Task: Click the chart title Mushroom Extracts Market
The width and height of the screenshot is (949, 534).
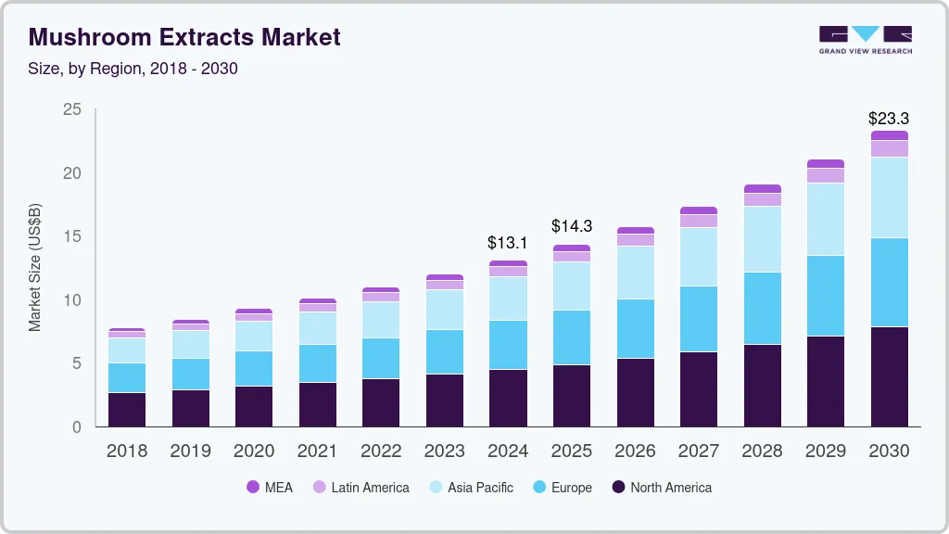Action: click(x=184, y=37)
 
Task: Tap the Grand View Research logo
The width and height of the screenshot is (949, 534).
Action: click(x=866, y=39)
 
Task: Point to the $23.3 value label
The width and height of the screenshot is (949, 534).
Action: click(x=888, y=119)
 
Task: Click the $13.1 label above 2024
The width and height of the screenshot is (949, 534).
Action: click(x=508, y=243)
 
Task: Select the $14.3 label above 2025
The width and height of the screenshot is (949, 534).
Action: click(x=571, y=225)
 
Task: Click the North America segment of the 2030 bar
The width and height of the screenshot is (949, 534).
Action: click(x=889, y=376)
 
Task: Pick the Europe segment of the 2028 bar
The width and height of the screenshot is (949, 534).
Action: click(x=762, y=308)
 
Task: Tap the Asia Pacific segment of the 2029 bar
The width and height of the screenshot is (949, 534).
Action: click(x=826, y=219)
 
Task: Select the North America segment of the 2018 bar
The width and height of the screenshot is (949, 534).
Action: click(x=127, y=409)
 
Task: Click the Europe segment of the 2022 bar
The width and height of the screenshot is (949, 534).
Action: click(x=381, y=358)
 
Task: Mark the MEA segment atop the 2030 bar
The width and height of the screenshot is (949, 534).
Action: click(x=889, y=135)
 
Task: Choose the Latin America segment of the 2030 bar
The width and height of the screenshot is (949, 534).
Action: click(x=889, y=148)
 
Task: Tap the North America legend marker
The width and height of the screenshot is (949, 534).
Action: click(x=618, y=488)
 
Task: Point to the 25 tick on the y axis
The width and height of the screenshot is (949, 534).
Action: click(x=71, y=110)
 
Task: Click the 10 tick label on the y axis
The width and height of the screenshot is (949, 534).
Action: click(x=71, y=300)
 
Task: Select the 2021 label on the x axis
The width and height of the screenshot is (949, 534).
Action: click(x=318, y=451)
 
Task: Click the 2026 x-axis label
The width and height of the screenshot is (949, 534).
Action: click(x=635, y=451)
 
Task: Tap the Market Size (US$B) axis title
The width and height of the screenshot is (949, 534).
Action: click(x=35, y=267)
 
